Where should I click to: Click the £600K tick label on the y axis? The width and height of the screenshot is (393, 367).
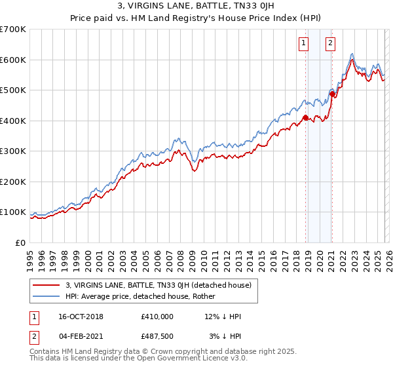coord(12,60)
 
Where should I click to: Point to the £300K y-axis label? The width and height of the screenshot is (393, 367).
coord(12,151)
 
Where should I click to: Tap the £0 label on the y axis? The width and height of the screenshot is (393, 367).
coord(20,242)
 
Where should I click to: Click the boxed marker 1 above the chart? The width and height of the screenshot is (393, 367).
coord(305,44)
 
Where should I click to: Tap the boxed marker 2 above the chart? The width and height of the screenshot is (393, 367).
coord(330,44)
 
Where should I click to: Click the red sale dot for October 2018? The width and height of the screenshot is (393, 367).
coord(305,118)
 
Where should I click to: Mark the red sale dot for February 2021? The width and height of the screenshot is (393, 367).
coord(332,94)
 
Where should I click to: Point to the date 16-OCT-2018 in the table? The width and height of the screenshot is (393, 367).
coord(79,317)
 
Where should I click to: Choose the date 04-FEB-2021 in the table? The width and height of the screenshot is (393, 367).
coord(79,336)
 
